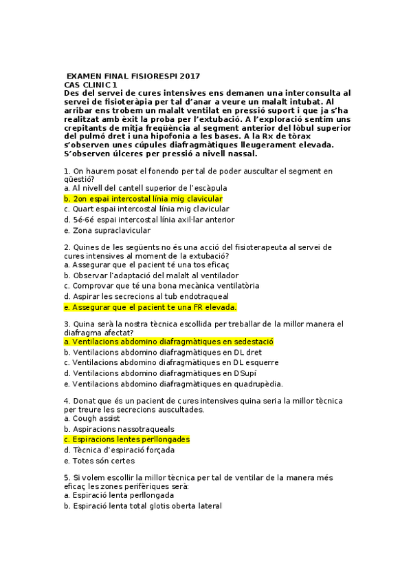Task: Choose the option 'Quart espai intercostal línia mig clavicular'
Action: [146, 209]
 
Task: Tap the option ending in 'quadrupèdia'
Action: [173, 384]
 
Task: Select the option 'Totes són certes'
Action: [103, 461]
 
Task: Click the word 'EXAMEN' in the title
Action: [86, 76]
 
